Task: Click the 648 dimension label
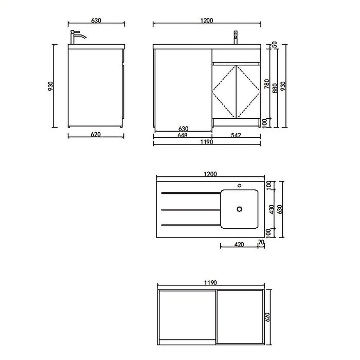click(183, 135)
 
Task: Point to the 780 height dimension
click(266, 84)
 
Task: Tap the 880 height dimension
click(276, 87)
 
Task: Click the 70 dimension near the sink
click(261, 242)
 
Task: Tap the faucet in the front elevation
click(236, 38)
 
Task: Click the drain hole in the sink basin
click(238, 209)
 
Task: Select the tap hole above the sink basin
click(239, 184)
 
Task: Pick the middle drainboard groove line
click(188, 209)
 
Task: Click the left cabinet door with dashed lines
click(225, 91)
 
